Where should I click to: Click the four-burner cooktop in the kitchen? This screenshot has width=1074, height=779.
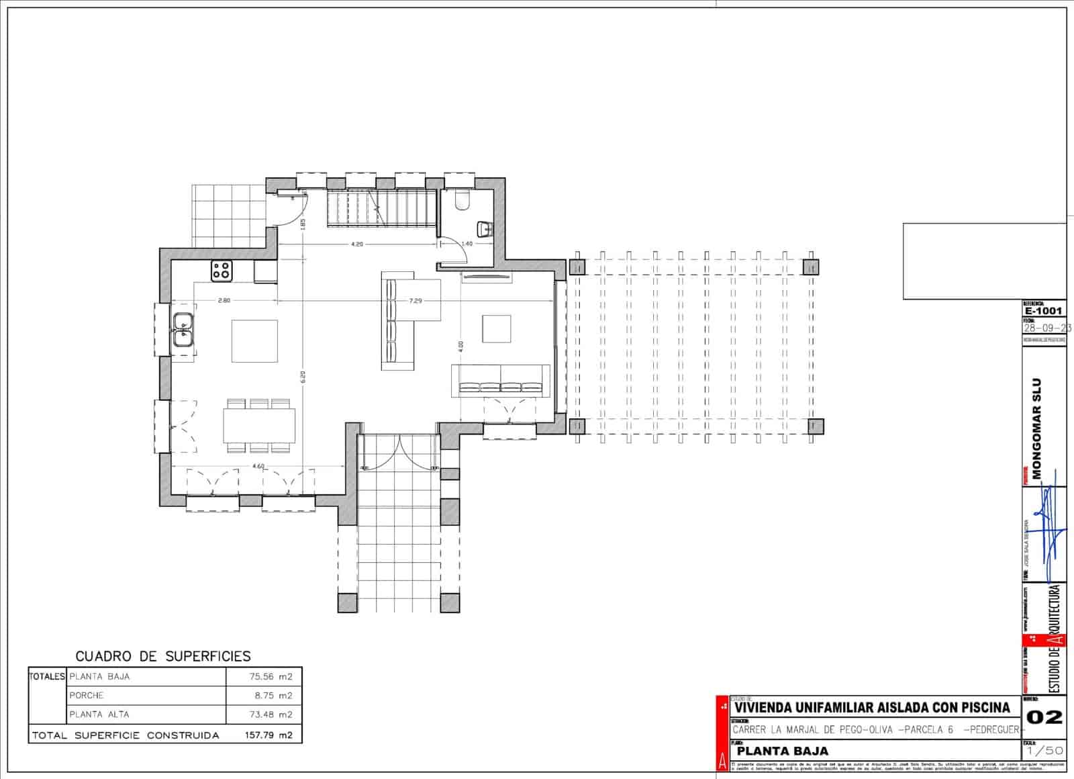point(222,271)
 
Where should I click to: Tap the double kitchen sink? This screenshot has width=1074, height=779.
point(183,330)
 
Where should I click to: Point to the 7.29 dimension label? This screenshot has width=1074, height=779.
point(416,301)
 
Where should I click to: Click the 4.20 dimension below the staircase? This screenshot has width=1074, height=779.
point(356,244)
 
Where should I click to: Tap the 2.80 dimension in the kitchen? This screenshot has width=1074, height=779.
point(224,301)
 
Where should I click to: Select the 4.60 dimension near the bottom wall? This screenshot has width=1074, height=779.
point(258,466)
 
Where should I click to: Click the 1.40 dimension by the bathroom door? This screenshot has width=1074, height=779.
point(467,244)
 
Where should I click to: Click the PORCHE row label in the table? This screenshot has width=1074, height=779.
point(87,696)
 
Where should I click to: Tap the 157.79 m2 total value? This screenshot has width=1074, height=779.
point(268,735)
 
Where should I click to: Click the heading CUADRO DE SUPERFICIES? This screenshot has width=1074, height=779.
point(163,656)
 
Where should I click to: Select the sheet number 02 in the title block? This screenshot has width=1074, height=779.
point(1044,717)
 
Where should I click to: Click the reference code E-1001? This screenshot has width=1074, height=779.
point(1043,311)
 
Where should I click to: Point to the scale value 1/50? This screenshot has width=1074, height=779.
point(1044,751)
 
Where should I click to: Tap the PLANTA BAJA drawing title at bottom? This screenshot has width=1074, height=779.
point(782,751)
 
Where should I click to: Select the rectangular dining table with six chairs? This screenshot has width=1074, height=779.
point(259,425)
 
